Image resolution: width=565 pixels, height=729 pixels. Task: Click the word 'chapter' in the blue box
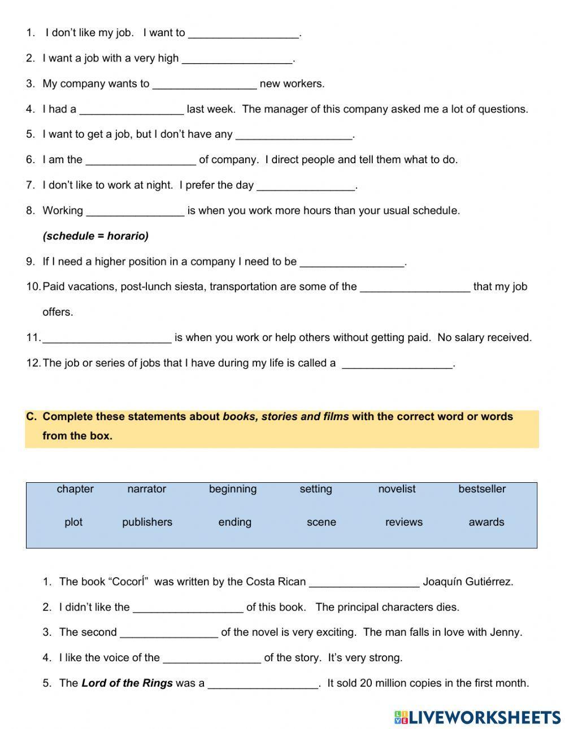point(75,489)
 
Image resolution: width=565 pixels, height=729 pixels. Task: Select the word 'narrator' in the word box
point(146,489)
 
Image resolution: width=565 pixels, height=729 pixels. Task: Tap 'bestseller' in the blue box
point(482,489)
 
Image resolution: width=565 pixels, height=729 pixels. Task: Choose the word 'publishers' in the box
point(147,522)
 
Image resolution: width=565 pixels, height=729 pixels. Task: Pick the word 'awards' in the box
point(486,522)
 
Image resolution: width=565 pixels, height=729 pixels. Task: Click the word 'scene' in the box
point(321,522)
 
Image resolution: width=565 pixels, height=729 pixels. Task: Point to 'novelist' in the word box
point(397,489)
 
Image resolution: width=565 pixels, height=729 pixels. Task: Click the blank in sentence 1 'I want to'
point(243,34)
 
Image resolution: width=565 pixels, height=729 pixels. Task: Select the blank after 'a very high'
point(237,59)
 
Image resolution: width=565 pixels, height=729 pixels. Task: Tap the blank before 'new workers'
point(205,85)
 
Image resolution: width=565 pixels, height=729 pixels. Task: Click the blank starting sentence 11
point(107,339)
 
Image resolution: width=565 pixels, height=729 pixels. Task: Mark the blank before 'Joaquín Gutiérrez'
point(364,583)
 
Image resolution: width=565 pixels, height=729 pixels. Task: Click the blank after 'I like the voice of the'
point(212,659)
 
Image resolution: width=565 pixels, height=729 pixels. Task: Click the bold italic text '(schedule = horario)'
point(95,236)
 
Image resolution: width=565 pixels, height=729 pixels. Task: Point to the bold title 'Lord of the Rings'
point(127,683)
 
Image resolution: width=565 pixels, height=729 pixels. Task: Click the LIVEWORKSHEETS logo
point(477,717)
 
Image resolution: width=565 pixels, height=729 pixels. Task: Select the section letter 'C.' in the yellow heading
point(32,417)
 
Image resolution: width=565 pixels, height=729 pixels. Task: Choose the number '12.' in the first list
point(33,363)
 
